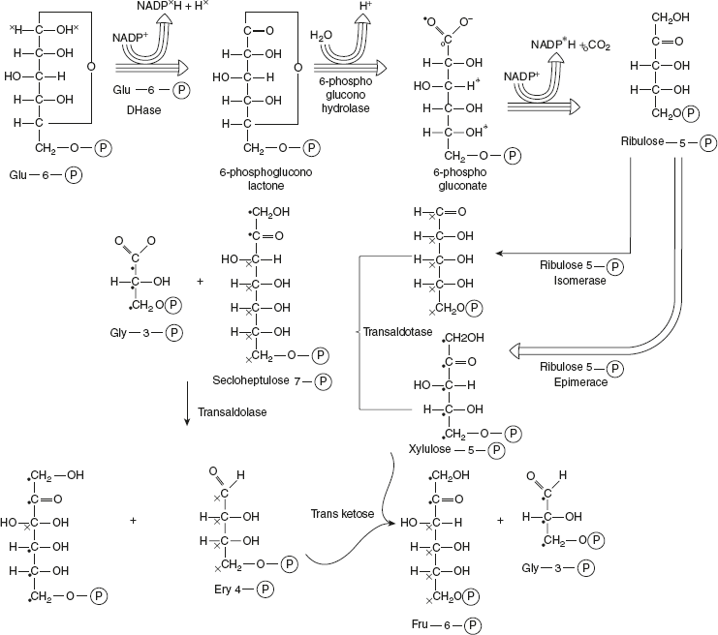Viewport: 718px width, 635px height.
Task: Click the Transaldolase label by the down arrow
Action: click(231, 410)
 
